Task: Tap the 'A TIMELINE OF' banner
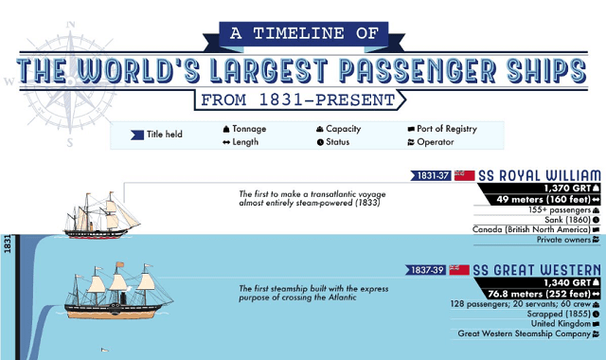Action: pos(302,34)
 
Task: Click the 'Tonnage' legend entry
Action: pos(247,129)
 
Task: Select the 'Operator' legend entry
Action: pos(430,143)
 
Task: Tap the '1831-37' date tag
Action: pos(430,175)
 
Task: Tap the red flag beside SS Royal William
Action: pos(464,175)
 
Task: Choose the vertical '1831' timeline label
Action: pos(8,245)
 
